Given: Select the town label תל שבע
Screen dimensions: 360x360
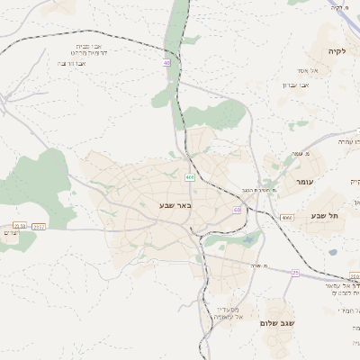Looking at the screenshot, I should [x=321, y=216].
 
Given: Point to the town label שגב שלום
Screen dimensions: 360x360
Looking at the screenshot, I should [x=276, y=322].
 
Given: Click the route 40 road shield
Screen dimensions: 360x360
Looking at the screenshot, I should [x=166, y=62].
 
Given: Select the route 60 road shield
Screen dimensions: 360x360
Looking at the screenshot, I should [x=237, y=210].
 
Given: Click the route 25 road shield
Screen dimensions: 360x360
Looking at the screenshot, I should [x=295, y=272].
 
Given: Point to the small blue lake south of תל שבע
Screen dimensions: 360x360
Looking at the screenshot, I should [x=333, y=252].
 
